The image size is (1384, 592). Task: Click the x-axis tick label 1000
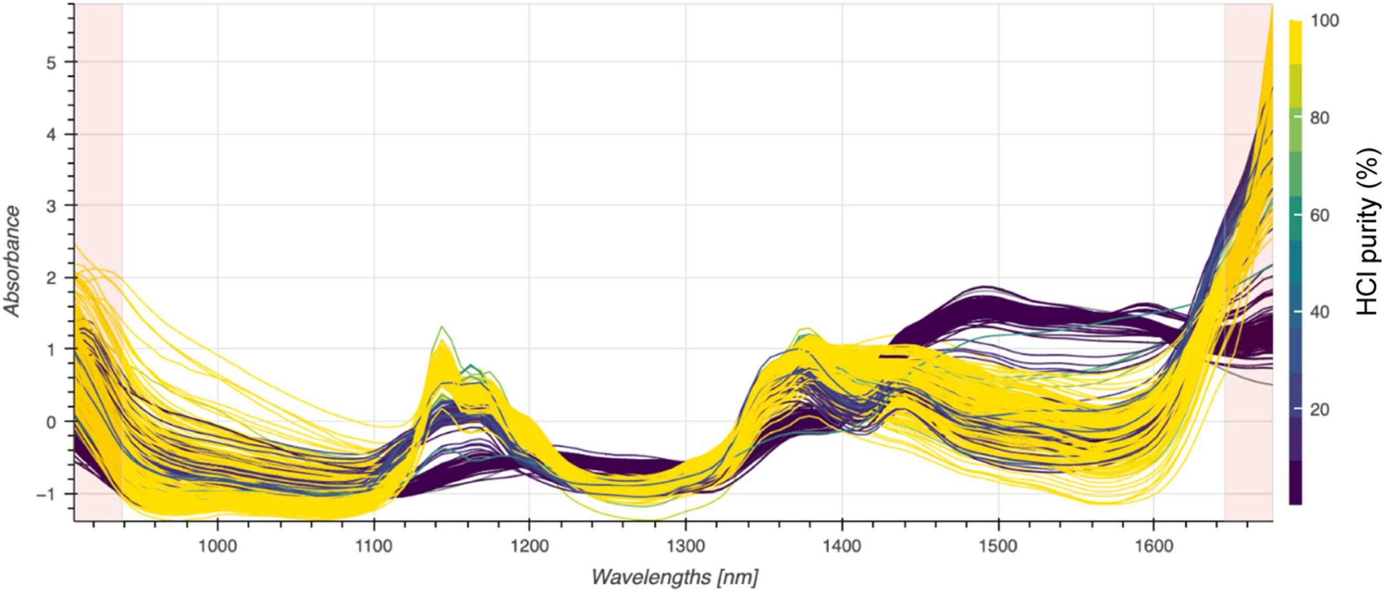click(x=217, y=546)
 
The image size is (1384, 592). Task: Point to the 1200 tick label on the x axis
click(x=529, y=546)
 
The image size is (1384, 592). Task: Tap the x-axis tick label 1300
click(x=686, y=546)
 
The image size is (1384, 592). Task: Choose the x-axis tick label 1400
click(x=842, y=546)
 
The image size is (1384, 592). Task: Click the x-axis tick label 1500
click(x=998, y=546)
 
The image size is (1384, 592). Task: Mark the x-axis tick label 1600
click(x=1154, y=546)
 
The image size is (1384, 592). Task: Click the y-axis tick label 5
click(x=51, y=63)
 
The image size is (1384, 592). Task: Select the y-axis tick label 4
click(x=51, y=135)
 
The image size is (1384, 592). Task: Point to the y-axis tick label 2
click(x=51, y=278)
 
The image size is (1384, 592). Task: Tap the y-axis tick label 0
click(x=51, y=422)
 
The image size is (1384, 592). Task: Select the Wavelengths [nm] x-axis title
click(x=674, y=577)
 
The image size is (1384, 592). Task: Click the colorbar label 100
click(x=1324, y=21)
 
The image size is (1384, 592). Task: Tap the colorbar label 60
click(x=1320, y=216)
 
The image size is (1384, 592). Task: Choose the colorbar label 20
click(x=1320, y=410)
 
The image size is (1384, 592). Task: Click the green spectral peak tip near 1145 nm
click(x=442, y=327)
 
